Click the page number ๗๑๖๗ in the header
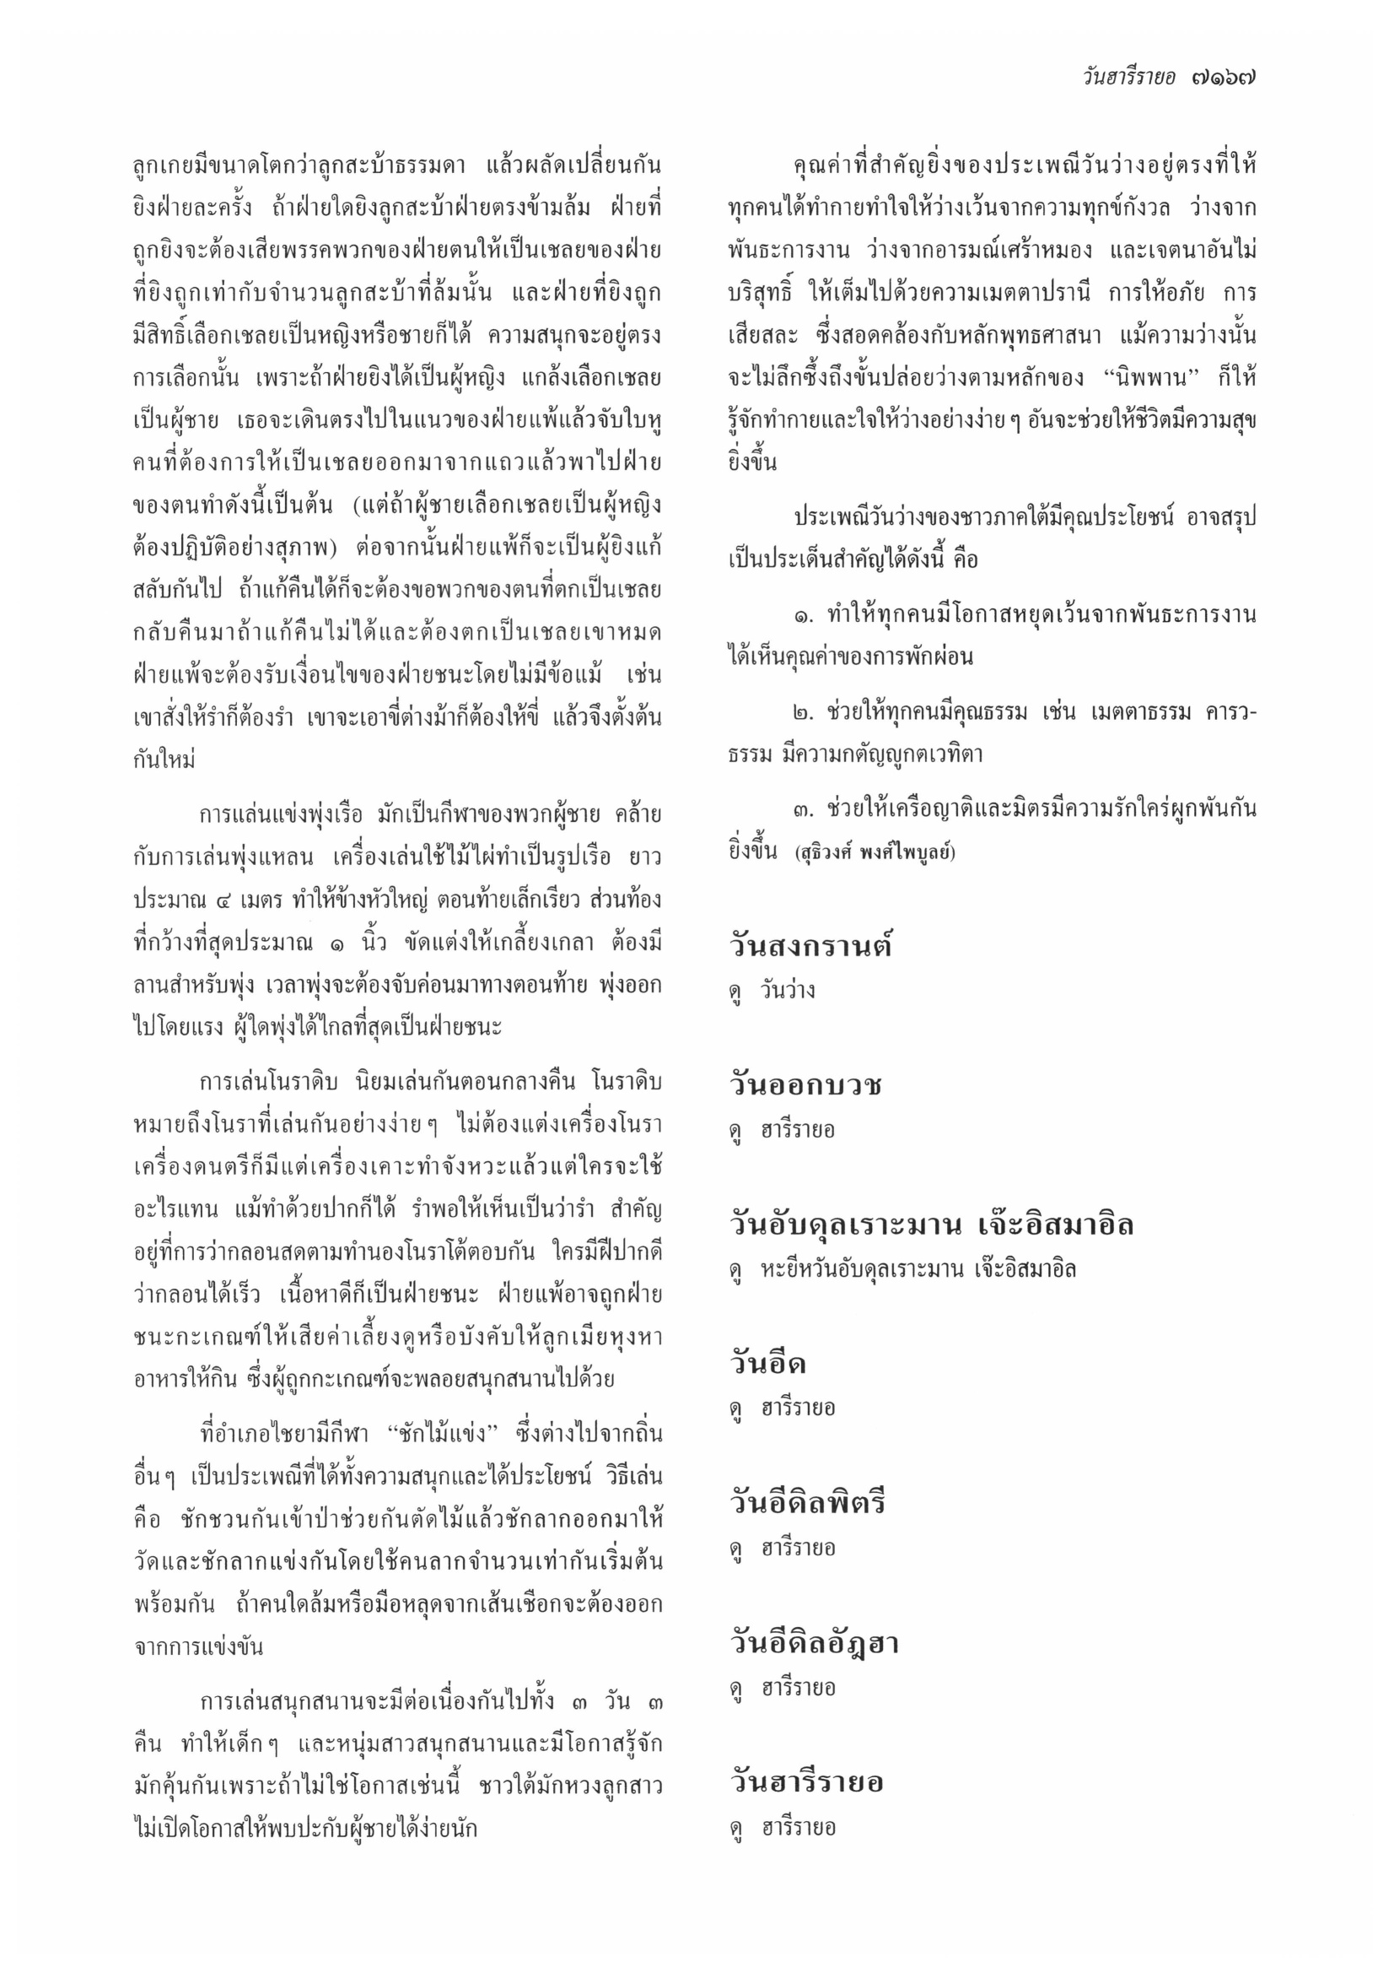click(1223, 78)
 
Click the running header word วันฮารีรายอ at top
click(1128, 78)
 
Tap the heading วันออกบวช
click(805, 1085)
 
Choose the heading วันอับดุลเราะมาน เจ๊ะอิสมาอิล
click(931, 1224)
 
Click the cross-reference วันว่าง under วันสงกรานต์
click(788, 991)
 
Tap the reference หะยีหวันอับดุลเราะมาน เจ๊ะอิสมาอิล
click(918, 1269)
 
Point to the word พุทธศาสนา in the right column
click(1048, 335)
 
